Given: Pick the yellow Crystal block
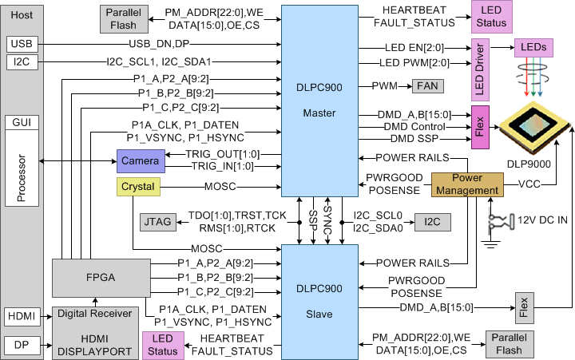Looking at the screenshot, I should click(x=138, y=187).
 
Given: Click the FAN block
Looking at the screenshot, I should click(x=427, y=86).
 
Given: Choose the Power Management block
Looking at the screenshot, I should click(x=468, y=184).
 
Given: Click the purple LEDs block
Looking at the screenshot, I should click(x=533, y=48).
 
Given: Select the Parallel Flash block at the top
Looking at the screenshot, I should click(x=123, y=19).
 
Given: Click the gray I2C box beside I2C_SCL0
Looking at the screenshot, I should click(x=431, y=220).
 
